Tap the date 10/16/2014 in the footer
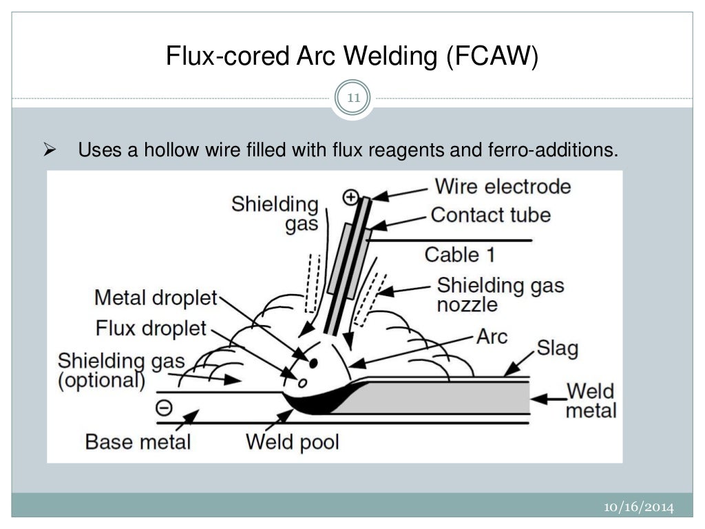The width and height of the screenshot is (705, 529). [638, 507]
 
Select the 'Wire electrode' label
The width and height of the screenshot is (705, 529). [503, 187]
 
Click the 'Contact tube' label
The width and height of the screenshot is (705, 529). [490, 215]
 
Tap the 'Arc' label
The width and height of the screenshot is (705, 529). [492, 337]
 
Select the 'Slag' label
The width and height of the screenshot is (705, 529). [556, 349]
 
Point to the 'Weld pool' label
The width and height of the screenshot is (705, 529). [293, 442]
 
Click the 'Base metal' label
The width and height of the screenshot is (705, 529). [138, 442]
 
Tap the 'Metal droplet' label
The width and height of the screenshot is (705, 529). [156, 298]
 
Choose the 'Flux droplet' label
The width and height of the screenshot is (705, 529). [151, 329]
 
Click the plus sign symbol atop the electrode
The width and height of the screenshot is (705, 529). [351, 198]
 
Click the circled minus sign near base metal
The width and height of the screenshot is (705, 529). [164, 408]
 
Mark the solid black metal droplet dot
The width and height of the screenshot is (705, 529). [313, 362]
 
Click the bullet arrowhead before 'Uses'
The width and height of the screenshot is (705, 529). [49, 149]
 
